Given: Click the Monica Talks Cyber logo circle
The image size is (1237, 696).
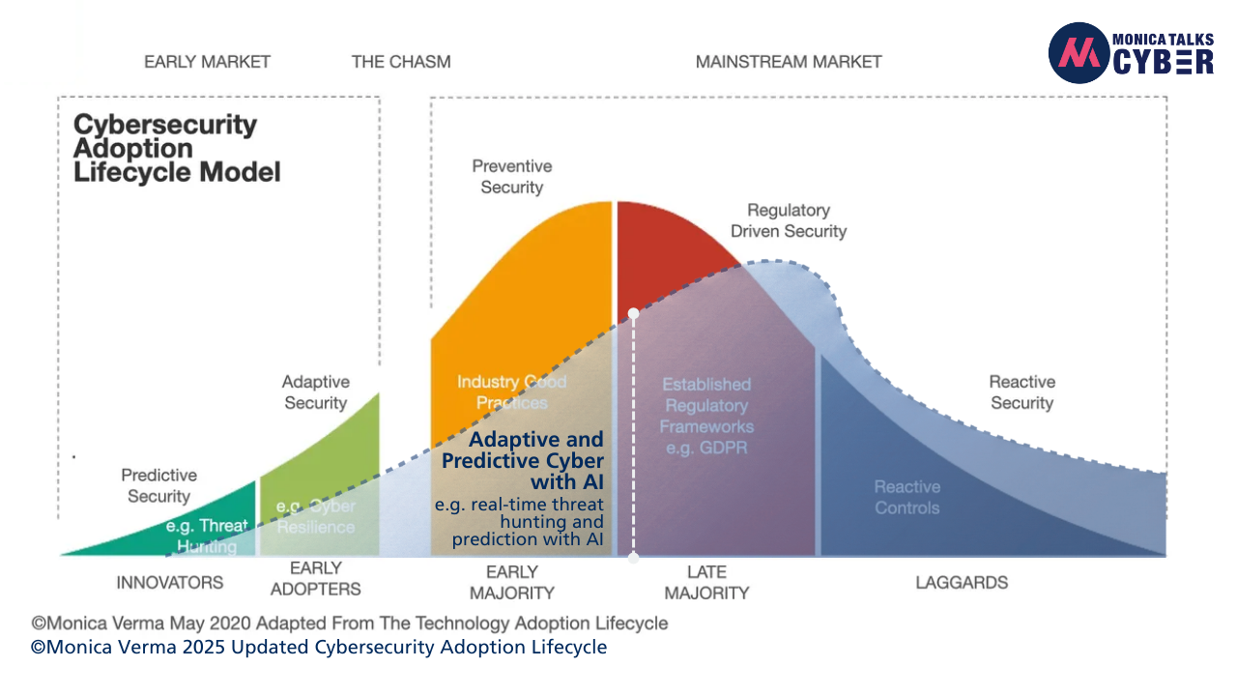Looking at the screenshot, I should (1079, 52).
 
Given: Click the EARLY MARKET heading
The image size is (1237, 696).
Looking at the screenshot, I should (207, 62).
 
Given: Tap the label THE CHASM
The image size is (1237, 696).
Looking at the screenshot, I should (401, 62).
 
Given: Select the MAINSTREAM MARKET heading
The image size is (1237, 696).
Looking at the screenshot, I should (789, 62).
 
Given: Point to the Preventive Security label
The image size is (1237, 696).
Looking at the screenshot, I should (511, 177).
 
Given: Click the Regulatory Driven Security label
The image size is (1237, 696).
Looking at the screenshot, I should (788, 220).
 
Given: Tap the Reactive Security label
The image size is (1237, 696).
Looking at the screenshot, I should (1021, 392).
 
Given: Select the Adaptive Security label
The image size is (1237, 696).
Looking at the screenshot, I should (315, 392).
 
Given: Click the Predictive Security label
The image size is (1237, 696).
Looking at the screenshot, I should (158, 485).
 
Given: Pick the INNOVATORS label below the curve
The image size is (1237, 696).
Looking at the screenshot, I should (169, 582).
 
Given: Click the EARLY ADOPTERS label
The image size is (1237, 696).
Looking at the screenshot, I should (315, 578).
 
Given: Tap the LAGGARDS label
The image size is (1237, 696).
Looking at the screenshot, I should (962, 582).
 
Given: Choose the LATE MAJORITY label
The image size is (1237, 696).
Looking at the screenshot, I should (706, 582).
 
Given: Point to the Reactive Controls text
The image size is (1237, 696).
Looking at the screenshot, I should (906, 497).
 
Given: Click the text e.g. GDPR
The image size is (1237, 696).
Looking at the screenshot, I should (706, 448).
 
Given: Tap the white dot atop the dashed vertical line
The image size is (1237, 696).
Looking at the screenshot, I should (633, 313).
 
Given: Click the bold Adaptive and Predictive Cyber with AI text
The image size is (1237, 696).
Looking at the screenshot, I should (527, 460).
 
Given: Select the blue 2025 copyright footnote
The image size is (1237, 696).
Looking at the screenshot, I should (319, 648).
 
